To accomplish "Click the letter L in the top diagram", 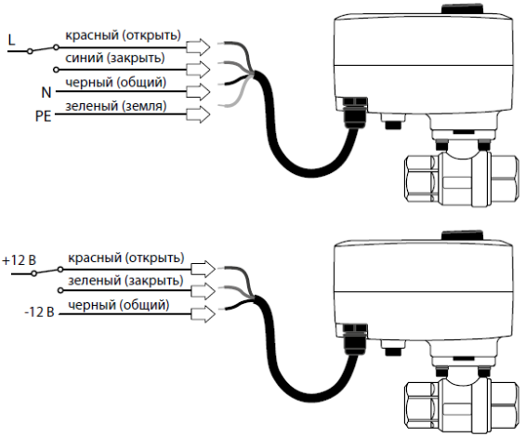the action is pyautogui.click(x=12, y=40).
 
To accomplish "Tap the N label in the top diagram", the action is pyautogui.click(x=46, y=92).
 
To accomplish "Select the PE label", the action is pyautogui.click(x=44, y=116).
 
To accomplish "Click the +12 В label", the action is pyautogui.click(x=20, y=260).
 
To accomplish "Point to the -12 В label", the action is pyautogui.click(x=39, y=312).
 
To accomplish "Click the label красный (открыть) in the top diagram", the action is pyautogui.click(x=123, y=35).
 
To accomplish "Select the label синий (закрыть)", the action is pyautogui.click(x=115, y=59).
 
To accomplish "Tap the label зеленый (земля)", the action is pyautogui.click(x=116, y=106).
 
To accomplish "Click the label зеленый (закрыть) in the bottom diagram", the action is pyautogui.click(x=125, y=281).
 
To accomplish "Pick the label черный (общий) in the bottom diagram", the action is pyautogui.click(x=118, y=305).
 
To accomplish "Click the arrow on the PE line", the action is pyautogui.click(x=198, y=114).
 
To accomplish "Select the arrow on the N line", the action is pyautogui.click(x=198, y=92).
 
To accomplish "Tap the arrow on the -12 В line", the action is pyautogui.click(x=203, y=314).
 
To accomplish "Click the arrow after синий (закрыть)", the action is pyautogui.click(x=198, y=70).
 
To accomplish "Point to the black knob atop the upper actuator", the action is pyautogui.click(x=462, y=9).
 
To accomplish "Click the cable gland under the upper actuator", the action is pyautogui.click(x=354, y=113).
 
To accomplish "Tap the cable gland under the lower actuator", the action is pyautogui.click(x=354, y=339).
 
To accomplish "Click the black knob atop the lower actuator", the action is pyautogui.click(x=462, y=235).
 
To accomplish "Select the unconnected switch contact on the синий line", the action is pyautogui.click(x=57, y=70).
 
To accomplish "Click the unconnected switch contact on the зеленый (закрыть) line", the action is pyautogui.click(x=60, y=290).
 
